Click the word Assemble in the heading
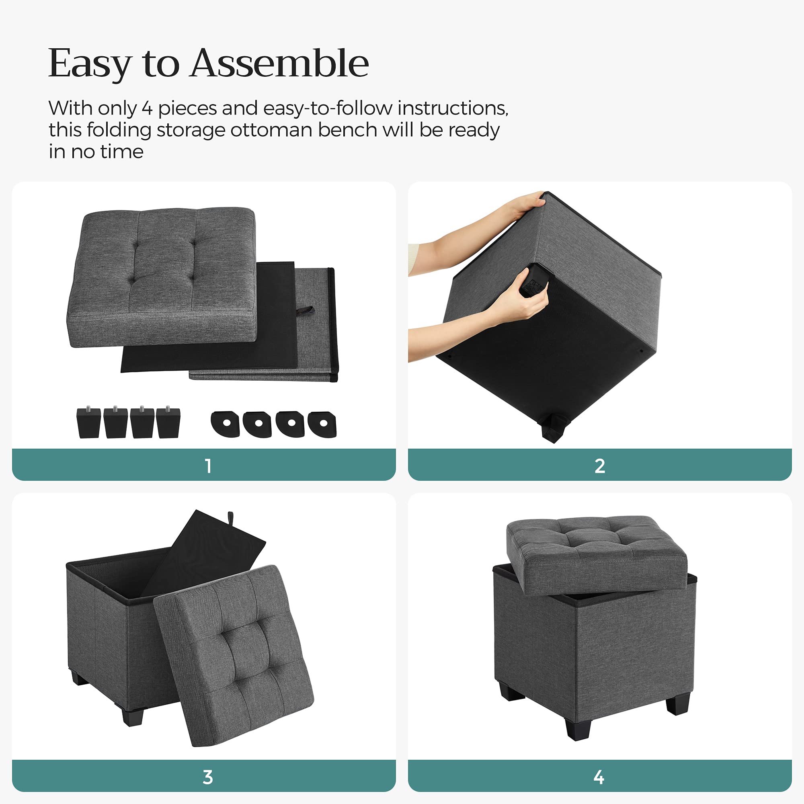click(x=279, y=63)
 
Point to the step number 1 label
click(x=208, y=466)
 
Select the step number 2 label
click(x=600, y=466)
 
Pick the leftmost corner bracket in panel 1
click(x=226, y=424)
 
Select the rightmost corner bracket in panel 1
click(x=322, y=424)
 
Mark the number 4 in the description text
click(x=147, y=109)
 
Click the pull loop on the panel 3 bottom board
click(x=230, y=519)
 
